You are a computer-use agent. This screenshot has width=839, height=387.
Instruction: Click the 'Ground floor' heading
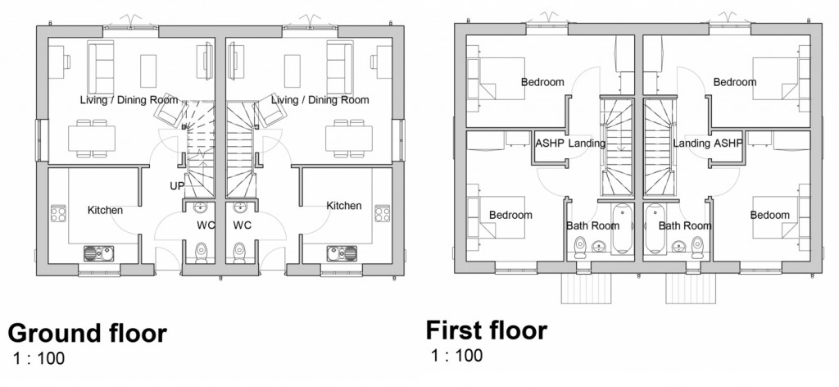pos(87,334)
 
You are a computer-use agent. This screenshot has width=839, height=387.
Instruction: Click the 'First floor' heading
pos(486,330)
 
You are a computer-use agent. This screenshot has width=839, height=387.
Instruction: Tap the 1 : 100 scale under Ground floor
pos(39,358)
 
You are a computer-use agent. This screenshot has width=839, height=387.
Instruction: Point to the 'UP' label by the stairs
pos(177,185)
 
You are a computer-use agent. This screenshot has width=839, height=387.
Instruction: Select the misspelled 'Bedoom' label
pos(769,215)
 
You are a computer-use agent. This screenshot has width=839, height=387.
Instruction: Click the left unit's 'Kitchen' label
pos(105,210)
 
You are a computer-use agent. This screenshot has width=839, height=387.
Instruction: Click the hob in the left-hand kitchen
pos(59,214)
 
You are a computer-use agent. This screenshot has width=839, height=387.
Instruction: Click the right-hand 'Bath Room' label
pos(684,225)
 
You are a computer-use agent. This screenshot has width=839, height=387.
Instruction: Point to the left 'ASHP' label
pos(548,143)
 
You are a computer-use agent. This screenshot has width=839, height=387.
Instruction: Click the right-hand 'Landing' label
pos(690,143)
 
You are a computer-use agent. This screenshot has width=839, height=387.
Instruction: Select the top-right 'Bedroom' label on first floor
pos(734,82)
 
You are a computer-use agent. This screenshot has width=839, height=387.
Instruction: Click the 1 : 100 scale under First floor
pos(456,355)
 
